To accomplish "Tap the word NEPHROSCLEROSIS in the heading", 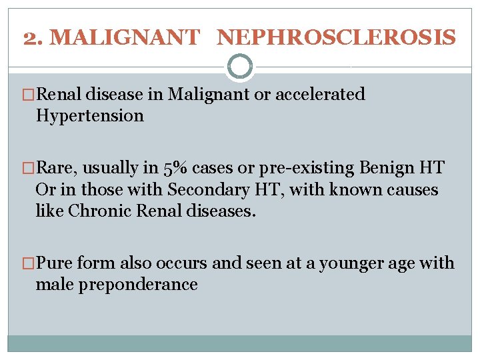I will coord(337,37).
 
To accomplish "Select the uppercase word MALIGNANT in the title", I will coord(125,37).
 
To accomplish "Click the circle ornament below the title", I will coord(240,67).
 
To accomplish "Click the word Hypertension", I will coord(90,116).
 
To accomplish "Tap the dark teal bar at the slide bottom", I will coord(240,343).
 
